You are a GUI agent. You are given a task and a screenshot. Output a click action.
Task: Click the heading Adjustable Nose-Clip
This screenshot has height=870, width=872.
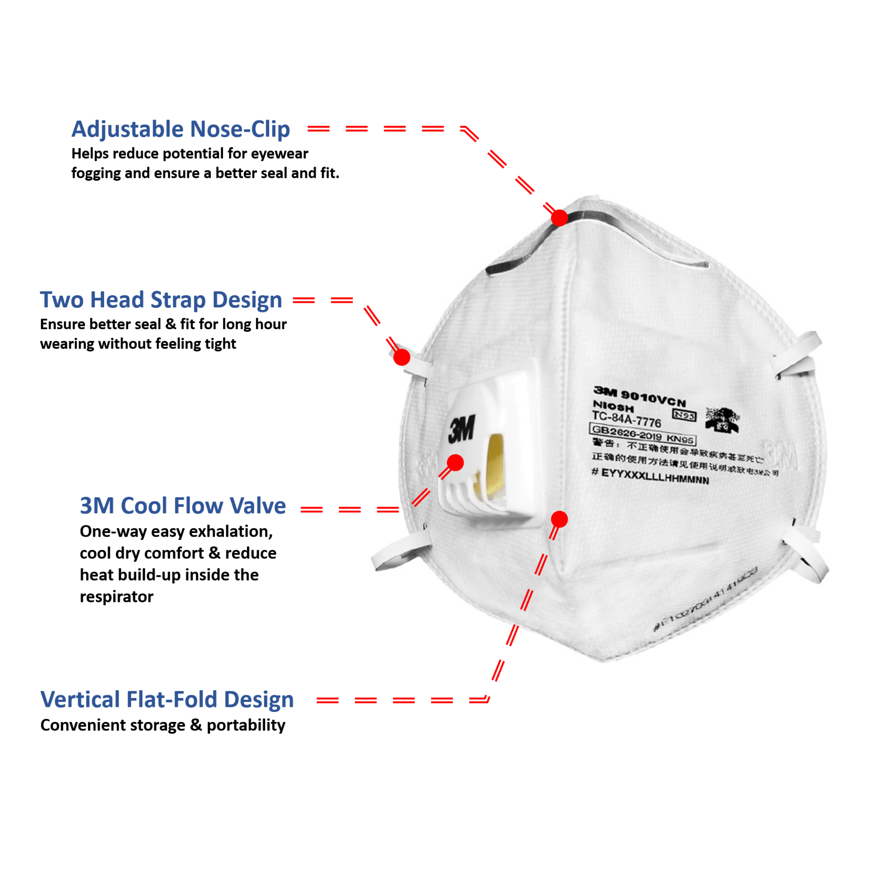tap(180, 129)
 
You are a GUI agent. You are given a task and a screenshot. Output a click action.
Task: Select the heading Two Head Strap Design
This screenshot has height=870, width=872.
tap(161, 300)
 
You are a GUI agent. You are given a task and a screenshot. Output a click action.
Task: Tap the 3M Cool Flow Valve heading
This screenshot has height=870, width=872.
tap(183, 505)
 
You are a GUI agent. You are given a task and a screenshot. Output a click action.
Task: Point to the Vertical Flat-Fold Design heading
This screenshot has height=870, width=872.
tap(167, 699)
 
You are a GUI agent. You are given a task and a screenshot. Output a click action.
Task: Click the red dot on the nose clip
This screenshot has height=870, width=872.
tap(559, 218)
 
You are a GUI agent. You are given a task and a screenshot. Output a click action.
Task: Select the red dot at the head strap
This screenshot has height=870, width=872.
tap(401, 357)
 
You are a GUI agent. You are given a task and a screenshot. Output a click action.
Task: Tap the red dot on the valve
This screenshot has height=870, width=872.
tap(455, 463)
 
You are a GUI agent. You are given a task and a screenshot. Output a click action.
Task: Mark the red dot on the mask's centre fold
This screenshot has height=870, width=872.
tap(559, 519)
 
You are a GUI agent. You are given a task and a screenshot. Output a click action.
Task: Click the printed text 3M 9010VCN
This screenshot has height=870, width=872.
tap(639, 396)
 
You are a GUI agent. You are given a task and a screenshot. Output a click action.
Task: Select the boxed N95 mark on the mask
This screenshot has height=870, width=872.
tap(684, 415)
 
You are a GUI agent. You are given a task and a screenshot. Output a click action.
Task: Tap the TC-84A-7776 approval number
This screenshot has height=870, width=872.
tap(626, 419)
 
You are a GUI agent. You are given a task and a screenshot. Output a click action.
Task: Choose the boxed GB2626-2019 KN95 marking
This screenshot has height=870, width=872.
tap(642, 434)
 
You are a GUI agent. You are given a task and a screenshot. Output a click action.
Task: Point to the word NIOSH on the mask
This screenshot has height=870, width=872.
tap(613, 405)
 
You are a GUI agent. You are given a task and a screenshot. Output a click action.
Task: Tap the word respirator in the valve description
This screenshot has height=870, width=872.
tap(116, 597)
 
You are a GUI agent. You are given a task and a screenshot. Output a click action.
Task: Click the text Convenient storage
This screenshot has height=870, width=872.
tap(113, 725)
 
